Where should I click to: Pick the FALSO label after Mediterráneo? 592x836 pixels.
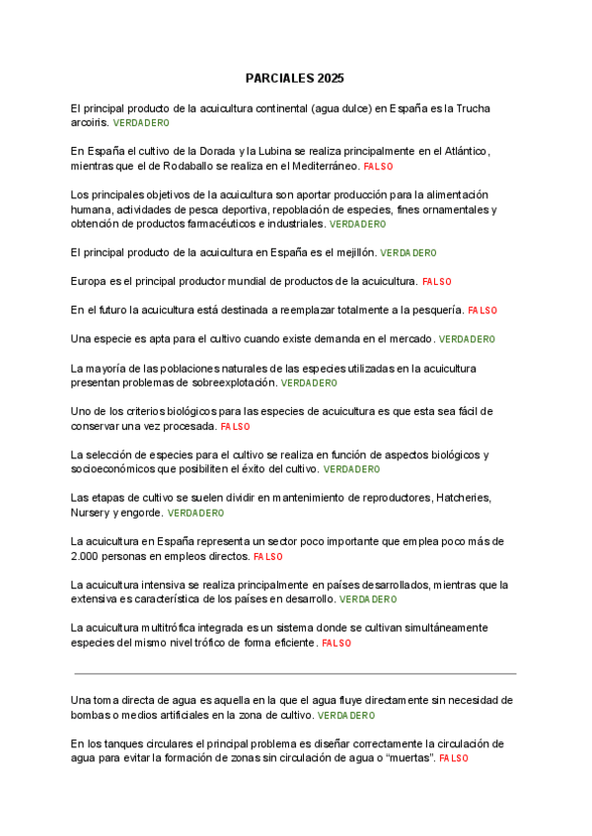378,167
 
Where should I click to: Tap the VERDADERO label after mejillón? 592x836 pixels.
408,253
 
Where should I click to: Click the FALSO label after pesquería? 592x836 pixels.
482,311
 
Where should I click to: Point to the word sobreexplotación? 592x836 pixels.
228,382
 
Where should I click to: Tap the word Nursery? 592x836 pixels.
91,513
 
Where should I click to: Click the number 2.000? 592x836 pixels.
88,556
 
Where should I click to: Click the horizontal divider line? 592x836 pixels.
296,673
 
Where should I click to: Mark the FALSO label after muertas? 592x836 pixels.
454,758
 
